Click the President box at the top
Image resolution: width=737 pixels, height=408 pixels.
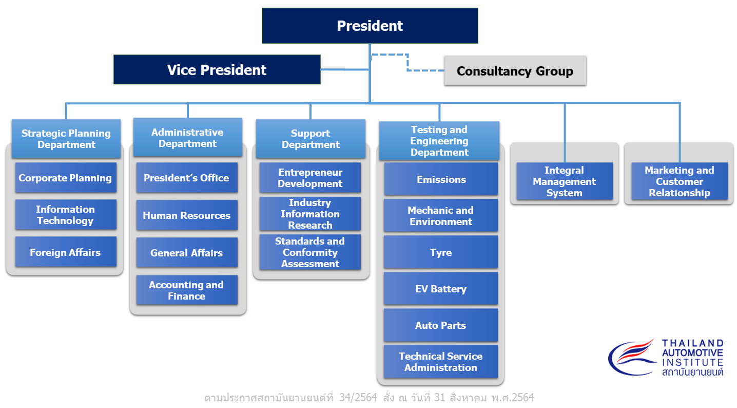point(370,26)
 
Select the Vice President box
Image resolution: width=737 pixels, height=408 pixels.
point(217,69)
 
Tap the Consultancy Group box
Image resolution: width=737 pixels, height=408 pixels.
point(515,71)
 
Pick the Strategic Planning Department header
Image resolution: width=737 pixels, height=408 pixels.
point(66,139)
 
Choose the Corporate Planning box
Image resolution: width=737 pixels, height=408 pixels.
point(66,177)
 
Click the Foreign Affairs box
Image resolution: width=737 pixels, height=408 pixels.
point(66,252)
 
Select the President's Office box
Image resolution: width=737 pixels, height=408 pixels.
point(187,177)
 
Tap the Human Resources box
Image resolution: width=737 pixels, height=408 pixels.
point(187,215)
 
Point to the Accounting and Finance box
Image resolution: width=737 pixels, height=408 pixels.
point(187,290)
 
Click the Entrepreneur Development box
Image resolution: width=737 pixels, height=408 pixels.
point(310,177)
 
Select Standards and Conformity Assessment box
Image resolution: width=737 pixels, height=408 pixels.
point(310,252)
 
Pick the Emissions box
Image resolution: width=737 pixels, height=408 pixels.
point(441,179)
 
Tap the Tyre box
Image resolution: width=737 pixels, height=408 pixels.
point(441,252)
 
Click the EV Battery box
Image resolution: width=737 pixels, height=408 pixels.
point(441,289)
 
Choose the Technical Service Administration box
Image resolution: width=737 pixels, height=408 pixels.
point(441,362)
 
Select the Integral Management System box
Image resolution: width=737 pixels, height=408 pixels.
point(565,181)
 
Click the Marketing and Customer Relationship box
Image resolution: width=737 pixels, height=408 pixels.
point(680,181)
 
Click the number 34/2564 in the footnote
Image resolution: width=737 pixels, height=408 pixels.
point(358,397)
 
